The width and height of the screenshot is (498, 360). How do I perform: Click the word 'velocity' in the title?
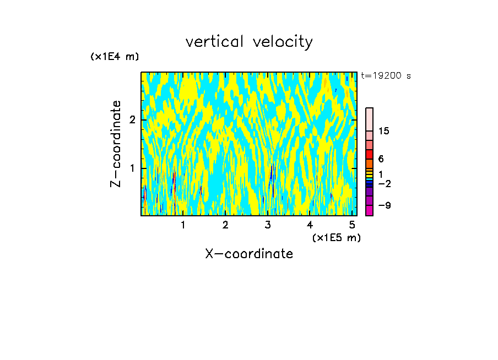pyautogui.click(x=285, y=42)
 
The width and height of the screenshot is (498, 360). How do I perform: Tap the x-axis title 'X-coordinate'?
pyautogui.click(x=249, y=254)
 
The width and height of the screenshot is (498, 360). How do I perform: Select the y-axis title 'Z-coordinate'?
pyautogui.click(x=116, y=144)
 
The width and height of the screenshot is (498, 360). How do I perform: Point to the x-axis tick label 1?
pyautogui.click(x=183, y=225)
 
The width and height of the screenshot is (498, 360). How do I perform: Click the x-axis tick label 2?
pyautogui.click(x=225, y=225)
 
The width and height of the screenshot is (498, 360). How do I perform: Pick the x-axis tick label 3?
pyautogui.click(x=268, y=225)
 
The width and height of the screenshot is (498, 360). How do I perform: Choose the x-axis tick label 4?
pyautogui.click(x=310, y=225)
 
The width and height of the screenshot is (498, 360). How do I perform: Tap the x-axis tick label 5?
pyautogui.click(x=353, y=225)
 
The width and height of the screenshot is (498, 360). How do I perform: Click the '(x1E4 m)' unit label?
pyautogui.click(x=115, y=57)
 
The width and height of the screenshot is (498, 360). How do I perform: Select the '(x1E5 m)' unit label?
pyautogui.click(x=336, y=237)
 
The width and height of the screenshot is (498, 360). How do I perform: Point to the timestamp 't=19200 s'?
pyautogui.click(x=386, y=76)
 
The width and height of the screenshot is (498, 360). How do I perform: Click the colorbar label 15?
pyautogui.click(x=384, y=131)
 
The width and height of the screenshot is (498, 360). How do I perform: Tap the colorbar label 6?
pyautogui.click(x=381, y=159)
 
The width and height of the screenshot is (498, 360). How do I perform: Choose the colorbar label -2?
pyautogui.click(x=383, y=184)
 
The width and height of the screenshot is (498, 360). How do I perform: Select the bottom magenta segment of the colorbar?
pyautogui.click(x=369, y=210)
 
